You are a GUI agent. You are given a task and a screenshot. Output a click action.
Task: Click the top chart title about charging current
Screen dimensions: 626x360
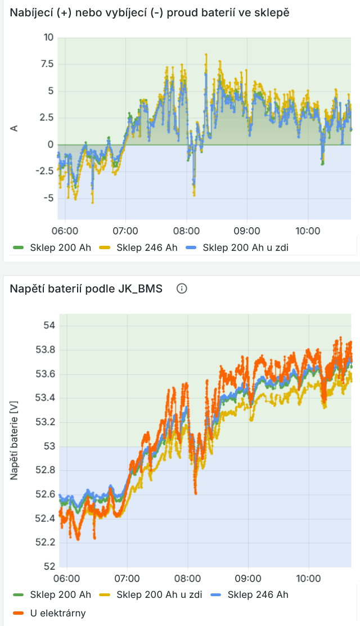(150, 12)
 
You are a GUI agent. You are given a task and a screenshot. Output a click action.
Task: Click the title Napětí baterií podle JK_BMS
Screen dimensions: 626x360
(86, 289)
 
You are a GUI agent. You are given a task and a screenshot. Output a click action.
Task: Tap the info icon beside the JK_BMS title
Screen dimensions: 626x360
(182, 289)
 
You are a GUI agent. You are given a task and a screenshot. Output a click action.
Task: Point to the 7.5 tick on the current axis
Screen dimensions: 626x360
(46, 64)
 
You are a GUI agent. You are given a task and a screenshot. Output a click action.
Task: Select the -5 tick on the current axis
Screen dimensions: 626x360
(48, 198)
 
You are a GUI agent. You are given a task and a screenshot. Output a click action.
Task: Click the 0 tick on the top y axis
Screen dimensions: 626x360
(50, 145)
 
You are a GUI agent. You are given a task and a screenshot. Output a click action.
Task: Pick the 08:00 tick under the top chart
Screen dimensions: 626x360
(186, 231)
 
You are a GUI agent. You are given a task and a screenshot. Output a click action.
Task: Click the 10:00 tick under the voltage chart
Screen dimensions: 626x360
(308, 578)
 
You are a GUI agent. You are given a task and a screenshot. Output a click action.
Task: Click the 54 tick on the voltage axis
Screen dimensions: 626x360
(49, 325)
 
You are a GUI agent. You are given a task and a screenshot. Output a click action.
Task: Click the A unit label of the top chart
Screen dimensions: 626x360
(15, 128)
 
